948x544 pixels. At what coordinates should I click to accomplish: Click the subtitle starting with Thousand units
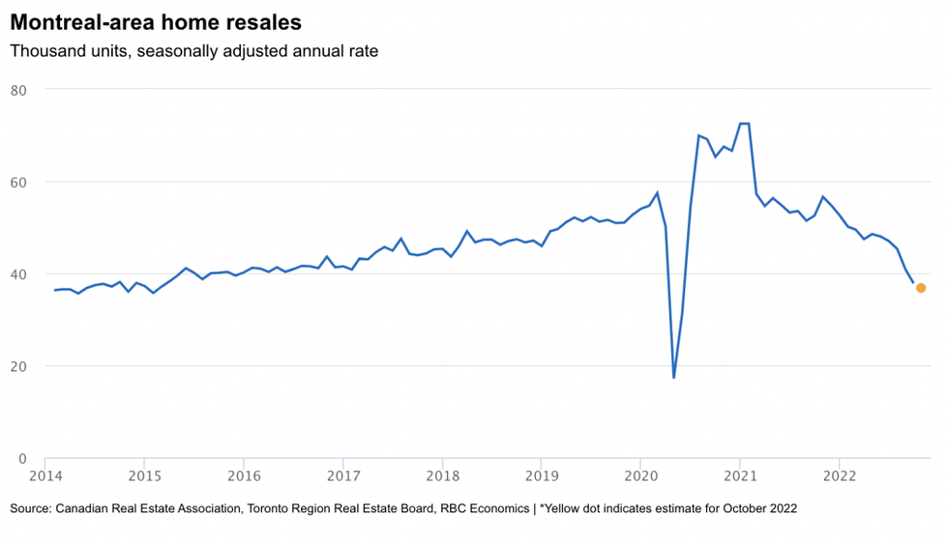(x=193, y=51)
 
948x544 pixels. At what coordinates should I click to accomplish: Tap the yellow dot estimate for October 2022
(x=921, y=288)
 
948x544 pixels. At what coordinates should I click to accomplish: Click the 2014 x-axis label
(x=45, y=475)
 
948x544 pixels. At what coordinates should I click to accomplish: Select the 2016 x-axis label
(x=244, y=475)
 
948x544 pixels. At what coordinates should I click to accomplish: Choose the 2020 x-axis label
(x=639, y=475)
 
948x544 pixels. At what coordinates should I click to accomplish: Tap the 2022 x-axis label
(x=838, y=475)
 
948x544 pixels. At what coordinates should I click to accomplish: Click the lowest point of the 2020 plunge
(x=673, y=378)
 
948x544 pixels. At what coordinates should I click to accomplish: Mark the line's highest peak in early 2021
(x=744, y=124)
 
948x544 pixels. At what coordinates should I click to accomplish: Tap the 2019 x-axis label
(x=541, y=475)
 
